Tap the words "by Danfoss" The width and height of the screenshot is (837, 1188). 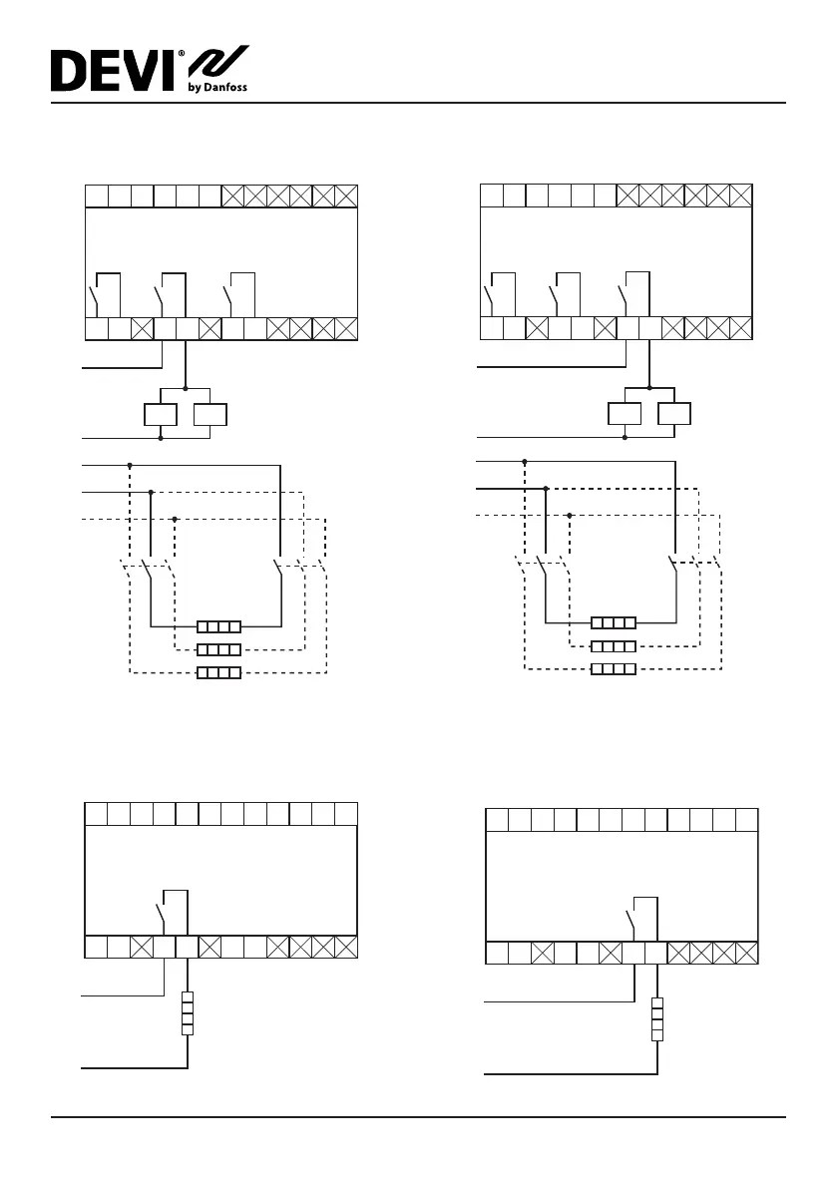(217, 87)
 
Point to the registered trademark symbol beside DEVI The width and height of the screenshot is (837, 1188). (181, 56)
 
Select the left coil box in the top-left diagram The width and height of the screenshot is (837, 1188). (162, 414)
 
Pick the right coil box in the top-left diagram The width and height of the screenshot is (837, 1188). (209, 414)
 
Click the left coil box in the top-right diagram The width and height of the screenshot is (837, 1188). (625, 414)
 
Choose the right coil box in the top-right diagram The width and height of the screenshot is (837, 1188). (674, 414)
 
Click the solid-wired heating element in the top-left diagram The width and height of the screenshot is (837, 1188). (218, 627)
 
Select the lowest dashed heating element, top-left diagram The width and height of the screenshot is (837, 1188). (218, 673)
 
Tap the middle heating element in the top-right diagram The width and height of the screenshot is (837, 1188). (614, 645)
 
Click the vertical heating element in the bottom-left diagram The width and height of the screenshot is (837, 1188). (187, 1013)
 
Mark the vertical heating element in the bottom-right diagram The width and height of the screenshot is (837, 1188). (657, 1019)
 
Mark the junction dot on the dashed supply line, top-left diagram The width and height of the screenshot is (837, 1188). (175, 519)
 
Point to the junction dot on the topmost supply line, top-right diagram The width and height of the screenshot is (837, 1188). (525, 461)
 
